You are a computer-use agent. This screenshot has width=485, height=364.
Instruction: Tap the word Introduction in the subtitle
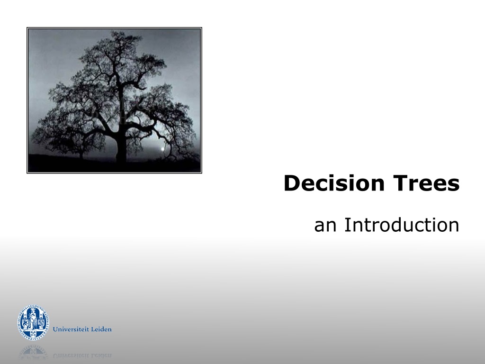402,225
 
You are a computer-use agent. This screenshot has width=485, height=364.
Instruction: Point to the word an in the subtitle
325,227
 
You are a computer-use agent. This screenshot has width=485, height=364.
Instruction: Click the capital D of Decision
292,183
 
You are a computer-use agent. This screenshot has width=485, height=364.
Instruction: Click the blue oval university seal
33,322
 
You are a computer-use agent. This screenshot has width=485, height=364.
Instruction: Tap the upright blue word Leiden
100,329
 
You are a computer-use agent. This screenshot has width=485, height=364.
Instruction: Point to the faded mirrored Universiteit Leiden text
82,355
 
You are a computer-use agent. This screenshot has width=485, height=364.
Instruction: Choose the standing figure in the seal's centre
33,318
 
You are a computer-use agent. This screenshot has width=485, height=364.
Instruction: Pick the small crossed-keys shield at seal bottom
33,334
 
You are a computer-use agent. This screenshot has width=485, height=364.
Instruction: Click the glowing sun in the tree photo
162,149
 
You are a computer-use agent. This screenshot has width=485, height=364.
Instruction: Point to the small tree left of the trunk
81,146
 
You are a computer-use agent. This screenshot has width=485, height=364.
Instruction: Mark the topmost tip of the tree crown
115,31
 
